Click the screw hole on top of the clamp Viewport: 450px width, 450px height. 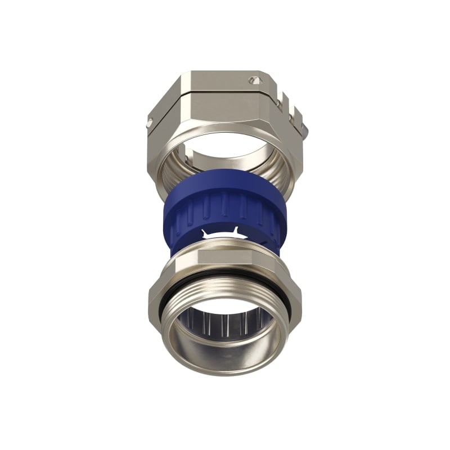click(256, 80)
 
